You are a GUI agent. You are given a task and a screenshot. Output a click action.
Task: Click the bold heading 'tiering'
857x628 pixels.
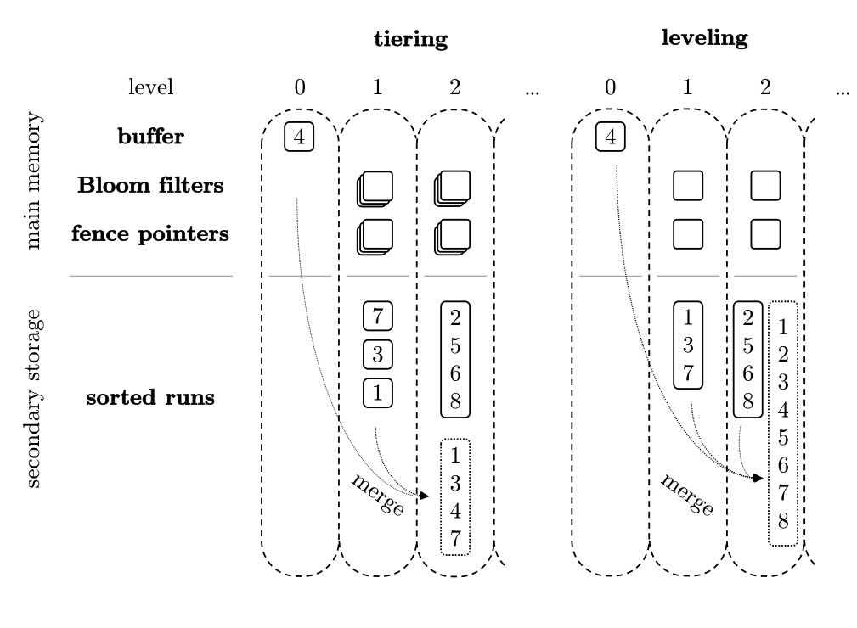[410, 39]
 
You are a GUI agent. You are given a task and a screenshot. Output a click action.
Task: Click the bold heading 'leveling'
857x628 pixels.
[705, 37]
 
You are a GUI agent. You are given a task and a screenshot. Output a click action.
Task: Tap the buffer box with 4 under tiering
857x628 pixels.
[299, 137]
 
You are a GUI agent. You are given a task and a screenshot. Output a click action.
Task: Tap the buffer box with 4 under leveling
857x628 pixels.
[610, 137]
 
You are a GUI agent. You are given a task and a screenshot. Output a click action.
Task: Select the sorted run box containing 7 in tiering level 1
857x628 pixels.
[377, 316]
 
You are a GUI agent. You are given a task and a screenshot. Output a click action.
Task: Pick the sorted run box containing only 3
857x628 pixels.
[377, 354]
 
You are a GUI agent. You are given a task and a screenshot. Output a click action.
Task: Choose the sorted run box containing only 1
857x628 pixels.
[377, 392]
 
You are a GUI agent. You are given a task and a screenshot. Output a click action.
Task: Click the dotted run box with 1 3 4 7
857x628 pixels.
[455, 496]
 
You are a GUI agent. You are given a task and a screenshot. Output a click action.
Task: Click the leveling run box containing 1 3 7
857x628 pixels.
[688, 345]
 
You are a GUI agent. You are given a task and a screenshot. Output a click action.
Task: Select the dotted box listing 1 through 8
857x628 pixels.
[782, 423]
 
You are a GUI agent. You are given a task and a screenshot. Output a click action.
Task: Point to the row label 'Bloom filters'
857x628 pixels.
[150, 185]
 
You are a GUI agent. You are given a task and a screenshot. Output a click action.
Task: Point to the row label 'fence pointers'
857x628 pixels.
[150, 233]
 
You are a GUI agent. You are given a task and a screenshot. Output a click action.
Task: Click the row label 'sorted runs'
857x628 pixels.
[150, 397]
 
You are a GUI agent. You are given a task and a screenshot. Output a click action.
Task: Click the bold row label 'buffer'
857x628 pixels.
[150, 137]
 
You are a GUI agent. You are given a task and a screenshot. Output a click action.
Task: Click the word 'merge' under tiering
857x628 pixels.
[377, 493]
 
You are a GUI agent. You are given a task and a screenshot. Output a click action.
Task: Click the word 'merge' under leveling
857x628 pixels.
[687, 494]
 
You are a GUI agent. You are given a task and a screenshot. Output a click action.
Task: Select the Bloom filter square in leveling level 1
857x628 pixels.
[688, 185]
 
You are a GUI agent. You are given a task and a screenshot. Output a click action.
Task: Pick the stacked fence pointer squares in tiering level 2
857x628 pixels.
[453, 236]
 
